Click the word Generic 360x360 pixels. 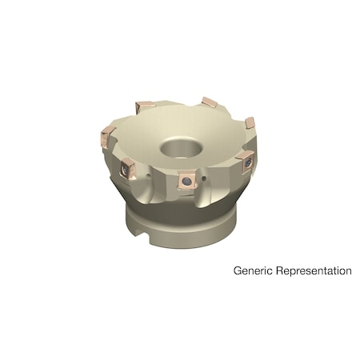point(254,271)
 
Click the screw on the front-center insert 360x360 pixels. point(185,182)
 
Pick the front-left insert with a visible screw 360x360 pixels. point(127,167)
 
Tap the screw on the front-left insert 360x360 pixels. point(126,168)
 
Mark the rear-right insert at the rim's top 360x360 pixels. point(210,102)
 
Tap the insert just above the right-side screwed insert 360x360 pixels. point(249,122)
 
